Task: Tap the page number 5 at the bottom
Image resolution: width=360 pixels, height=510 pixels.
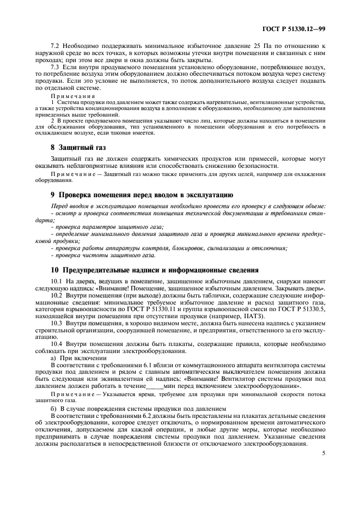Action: click(323, 452)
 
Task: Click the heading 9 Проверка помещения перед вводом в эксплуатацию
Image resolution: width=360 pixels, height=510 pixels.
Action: click(134, 195)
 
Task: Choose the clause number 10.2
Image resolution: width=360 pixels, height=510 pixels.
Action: click(58, 294)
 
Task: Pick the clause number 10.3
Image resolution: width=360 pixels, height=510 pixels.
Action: click(58, 323)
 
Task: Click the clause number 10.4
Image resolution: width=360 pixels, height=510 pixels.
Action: click(58, 344)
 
